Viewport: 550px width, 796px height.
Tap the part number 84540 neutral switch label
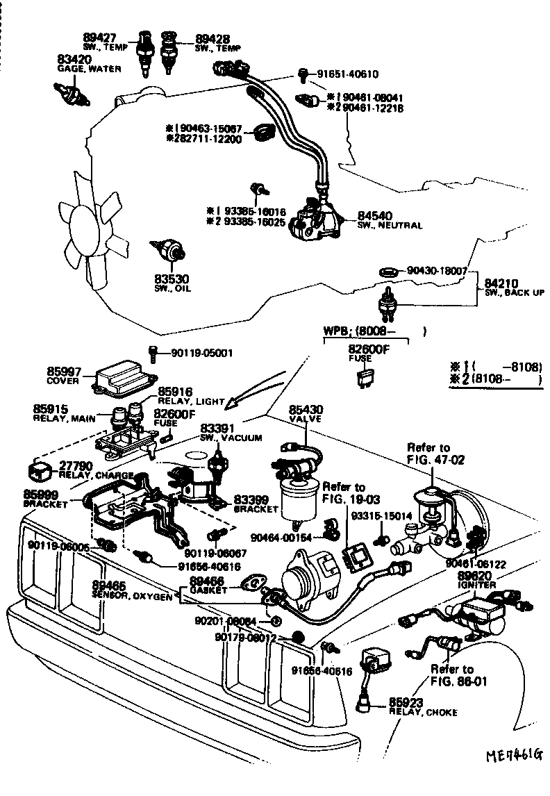(372, 216)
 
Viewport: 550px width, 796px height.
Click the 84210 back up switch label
(501, 283)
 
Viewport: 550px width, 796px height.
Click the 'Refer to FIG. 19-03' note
(344, 492)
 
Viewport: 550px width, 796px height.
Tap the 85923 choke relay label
(406, 702)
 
